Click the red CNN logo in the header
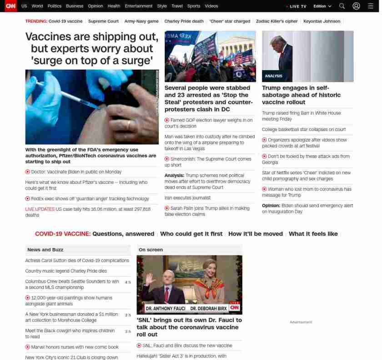10,6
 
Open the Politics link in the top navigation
54,6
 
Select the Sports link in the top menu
193,6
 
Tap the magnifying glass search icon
342,6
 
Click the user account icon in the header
356,6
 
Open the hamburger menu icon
370,6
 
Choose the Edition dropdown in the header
322,6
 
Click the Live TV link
297,6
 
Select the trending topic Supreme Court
103,21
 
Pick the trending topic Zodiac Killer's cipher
276,21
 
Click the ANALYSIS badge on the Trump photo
273,76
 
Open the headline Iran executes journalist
187,198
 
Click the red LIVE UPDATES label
40,209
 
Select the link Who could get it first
191,234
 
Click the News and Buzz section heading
45,250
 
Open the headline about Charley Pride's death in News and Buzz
66,271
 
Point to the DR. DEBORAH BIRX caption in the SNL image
209,309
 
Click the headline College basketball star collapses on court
303,130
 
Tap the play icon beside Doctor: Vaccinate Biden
28,172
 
